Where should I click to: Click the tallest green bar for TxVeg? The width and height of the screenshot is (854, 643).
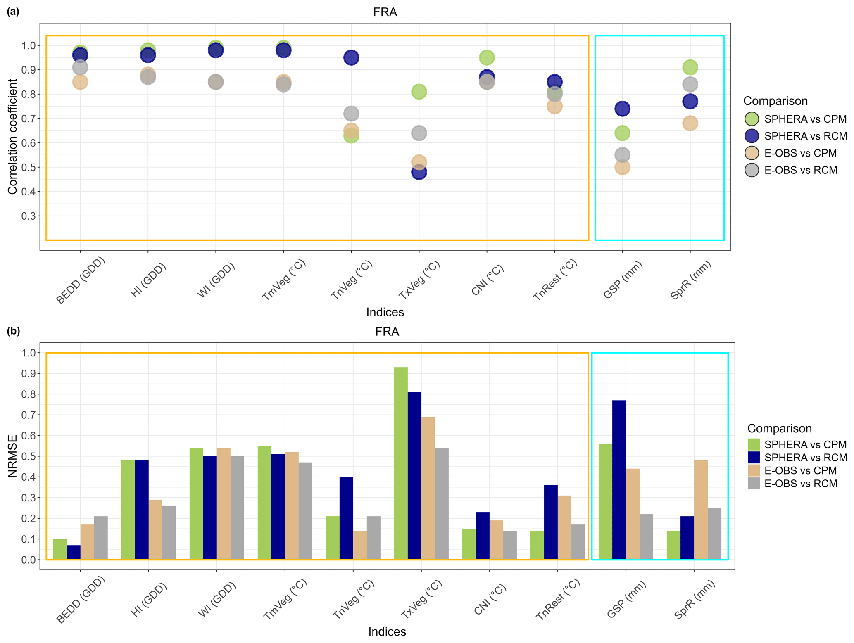click(x=401, y=463)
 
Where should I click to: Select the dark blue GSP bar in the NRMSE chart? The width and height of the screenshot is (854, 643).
click(x=619, y=479)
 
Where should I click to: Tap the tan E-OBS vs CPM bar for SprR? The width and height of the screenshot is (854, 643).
click(x=701, y=510)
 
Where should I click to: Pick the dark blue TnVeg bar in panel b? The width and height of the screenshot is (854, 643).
click(x=346, y=518)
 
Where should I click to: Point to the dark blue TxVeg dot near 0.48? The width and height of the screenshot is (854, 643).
click(x=419, y=172)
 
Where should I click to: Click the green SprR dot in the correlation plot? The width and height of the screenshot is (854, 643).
click(x=690, y=67)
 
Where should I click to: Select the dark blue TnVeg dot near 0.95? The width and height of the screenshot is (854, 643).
click(x=351, y=57)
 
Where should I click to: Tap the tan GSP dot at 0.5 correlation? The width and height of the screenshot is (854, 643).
click(x=622, y=167)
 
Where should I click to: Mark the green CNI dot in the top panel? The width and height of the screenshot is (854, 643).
click(x=487, y=57)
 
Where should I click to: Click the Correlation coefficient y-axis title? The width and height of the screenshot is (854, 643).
click(x=12, y=136)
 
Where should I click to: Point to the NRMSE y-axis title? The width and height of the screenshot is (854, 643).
click(x=12, y=456)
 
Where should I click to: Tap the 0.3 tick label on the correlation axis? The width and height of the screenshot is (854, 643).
click(x=28, y=216)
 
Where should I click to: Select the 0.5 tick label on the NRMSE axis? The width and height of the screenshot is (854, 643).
click(x=28, y=456)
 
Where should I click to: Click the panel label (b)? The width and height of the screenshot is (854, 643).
click(x=13, y=331)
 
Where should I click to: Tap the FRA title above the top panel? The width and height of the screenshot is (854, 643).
click(x=385, y=12)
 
